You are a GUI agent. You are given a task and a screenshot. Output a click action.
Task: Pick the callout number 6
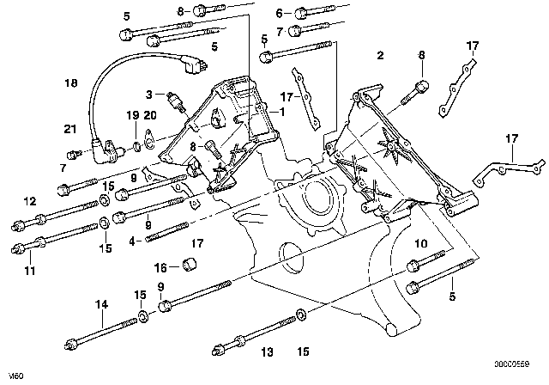pyautogui.click(x=279, y=13)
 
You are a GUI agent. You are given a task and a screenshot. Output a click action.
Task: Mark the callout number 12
pyautogui.click(x=30, y=202)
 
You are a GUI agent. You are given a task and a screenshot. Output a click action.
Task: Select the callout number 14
pyautogui.click(x=101, y=302)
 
